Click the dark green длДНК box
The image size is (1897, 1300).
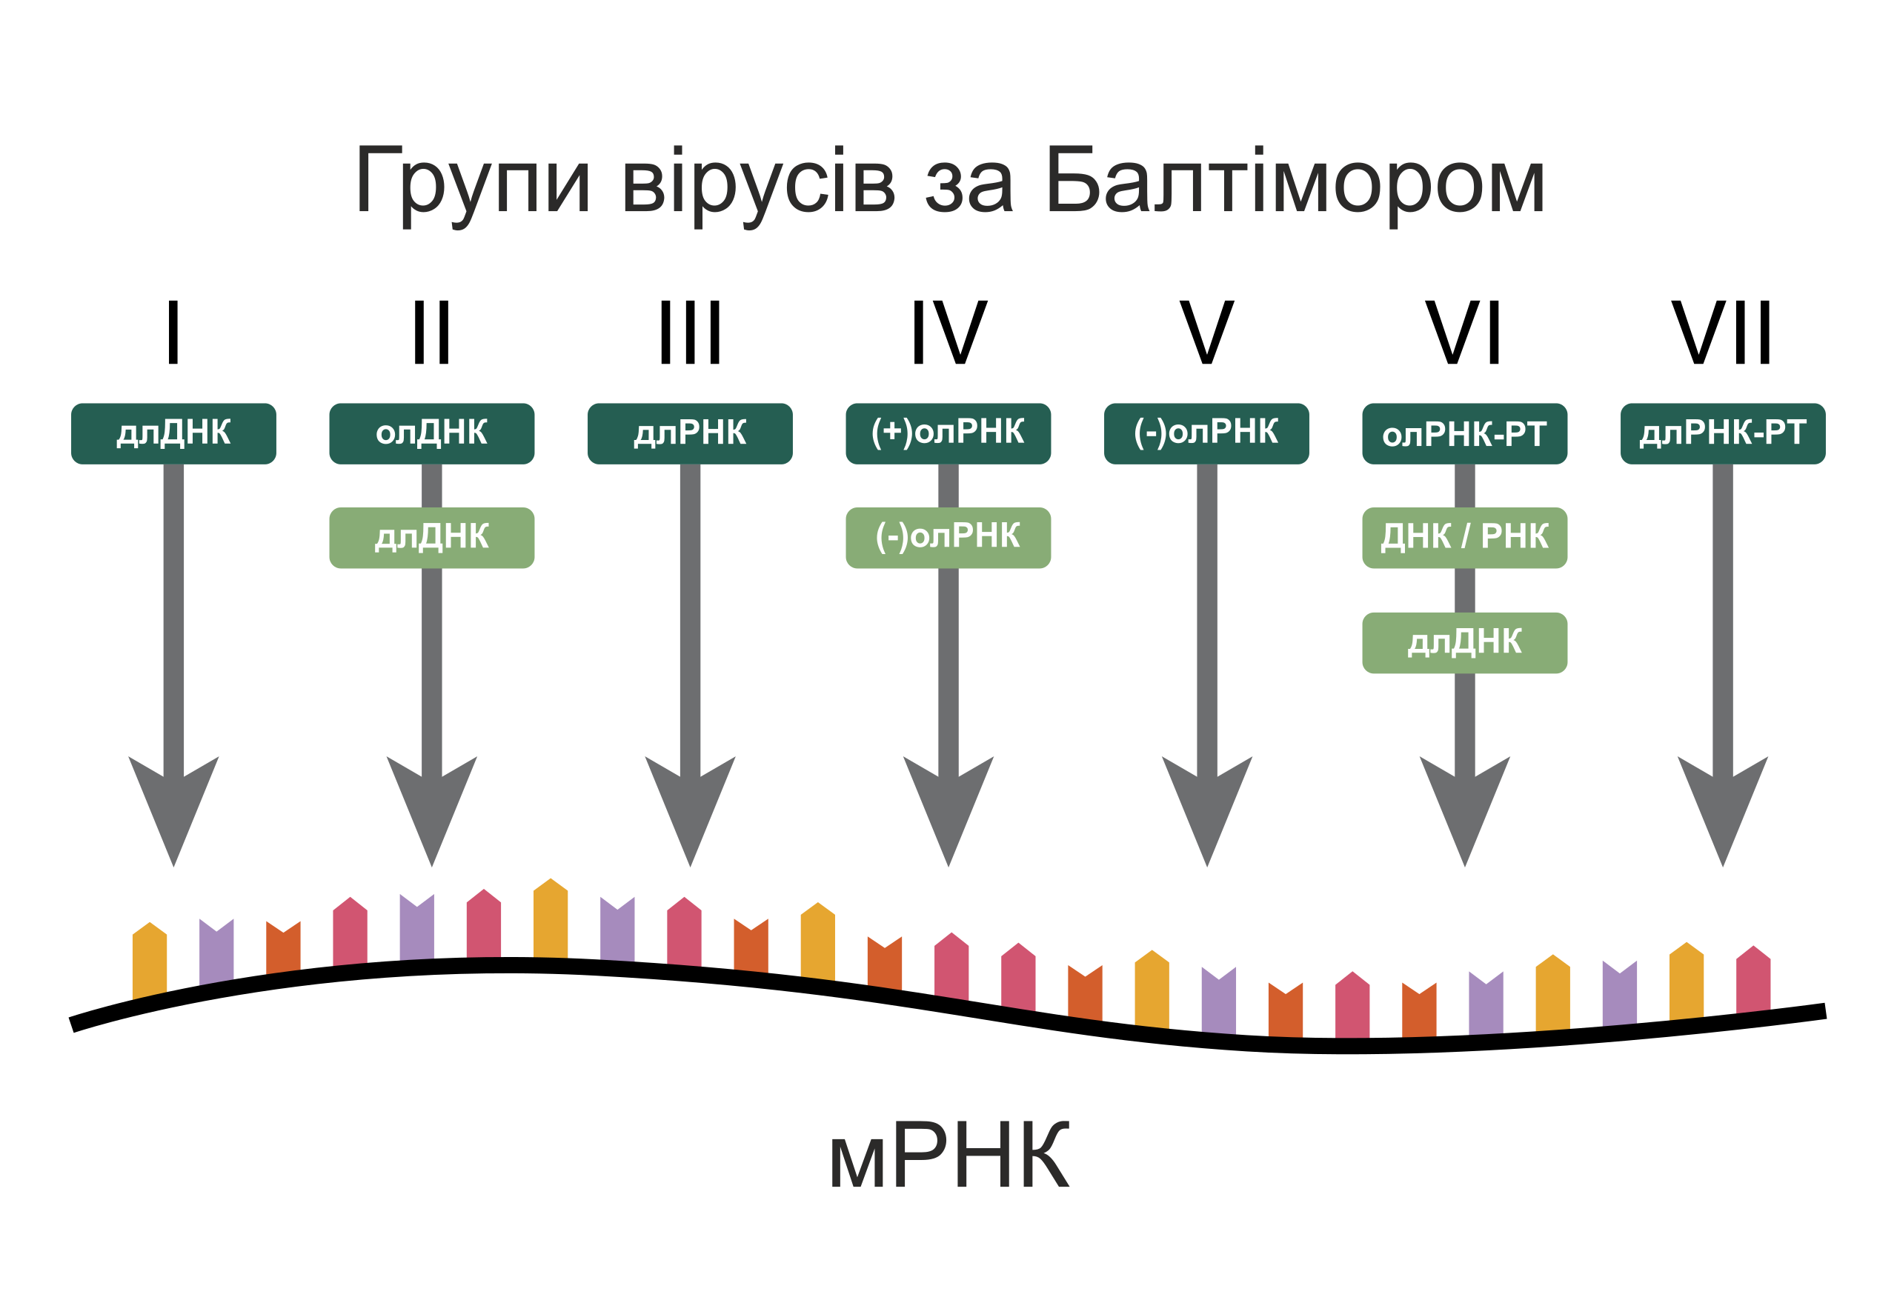tap(173, 433)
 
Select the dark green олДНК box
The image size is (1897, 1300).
tap(431, 433)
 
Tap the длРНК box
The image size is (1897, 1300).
tap(690, 433)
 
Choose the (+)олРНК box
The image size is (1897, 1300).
tap(948, 433)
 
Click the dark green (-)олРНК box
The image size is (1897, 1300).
tap(1206, 433)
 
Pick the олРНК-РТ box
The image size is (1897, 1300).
tap(1464, 433)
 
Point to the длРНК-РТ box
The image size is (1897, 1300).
tap(1722, 433)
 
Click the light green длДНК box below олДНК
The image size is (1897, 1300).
tap(431, 538)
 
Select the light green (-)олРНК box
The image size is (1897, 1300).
tap(948, 538)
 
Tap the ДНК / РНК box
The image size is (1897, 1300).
tap(1464, 538)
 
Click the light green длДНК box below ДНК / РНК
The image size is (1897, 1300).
tap(1464, 642)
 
